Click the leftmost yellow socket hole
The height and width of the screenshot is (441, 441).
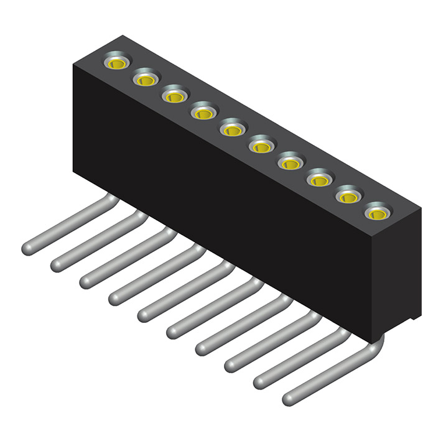117,63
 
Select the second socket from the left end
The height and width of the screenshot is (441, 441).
146,80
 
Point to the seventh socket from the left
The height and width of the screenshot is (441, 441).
290,164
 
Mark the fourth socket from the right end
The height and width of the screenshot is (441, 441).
290,164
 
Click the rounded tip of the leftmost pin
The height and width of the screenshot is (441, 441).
27,248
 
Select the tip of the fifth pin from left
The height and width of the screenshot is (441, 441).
144,315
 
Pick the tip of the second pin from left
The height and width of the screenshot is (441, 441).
57,265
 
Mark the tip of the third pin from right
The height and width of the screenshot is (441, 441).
231,365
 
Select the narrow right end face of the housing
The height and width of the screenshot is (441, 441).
395,274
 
